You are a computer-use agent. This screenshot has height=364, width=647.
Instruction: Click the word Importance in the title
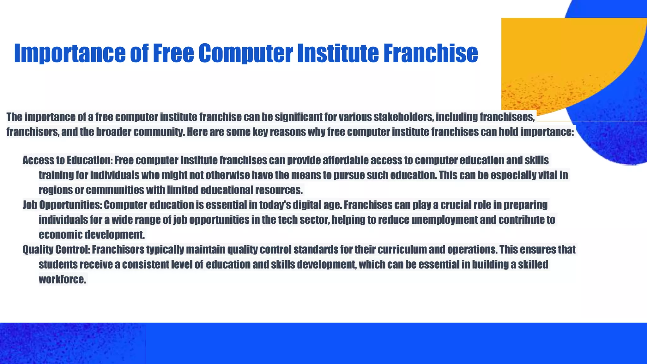coord(70,53)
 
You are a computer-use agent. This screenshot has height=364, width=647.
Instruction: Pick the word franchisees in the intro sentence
coord(507,117)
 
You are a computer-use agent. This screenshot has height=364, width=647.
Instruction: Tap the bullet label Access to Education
coord(67,161)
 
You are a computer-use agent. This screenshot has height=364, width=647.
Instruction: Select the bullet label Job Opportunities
coord(62,205)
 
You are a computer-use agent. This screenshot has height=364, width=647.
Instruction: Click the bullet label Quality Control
coord(56,250)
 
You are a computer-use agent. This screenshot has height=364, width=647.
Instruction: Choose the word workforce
coord(62,279)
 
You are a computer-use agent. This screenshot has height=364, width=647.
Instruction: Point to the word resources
coord(279,190)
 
